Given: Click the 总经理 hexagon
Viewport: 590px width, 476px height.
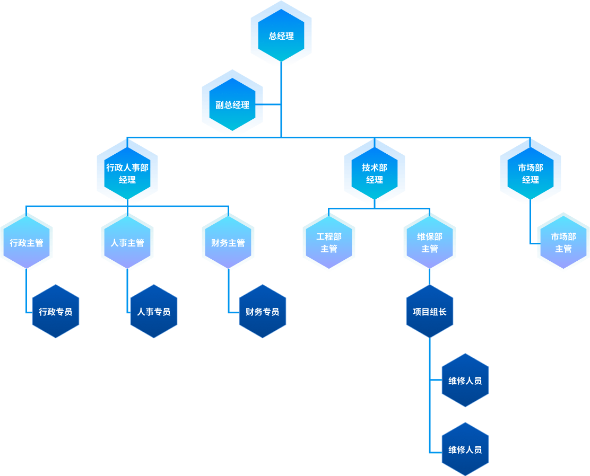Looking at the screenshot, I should [281, 34].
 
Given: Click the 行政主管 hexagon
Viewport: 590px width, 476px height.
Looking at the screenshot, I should [27, 242].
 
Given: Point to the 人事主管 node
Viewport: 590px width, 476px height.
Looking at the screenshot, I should [127, 242].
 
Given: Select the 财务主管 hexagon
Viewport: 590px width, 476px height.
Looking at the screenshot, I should [228, 242].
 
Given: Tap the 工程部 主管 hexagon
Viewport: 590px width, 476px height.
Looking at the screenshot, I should [329, 242].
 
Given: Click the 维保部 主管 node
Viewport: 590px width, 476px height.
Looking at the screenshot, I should [430, 242].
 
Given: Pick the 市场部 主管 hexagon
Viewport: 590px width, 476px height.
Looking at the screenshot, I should [563, 242].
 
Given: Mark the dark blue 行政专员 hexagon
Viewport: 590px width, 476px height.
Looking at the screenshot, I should [56, 311].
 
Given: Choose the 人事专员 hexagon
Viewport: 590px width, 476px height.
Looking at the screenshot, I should [154, 311].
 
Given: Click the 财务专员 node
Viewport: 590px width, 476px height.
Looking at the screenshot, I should [263, 311].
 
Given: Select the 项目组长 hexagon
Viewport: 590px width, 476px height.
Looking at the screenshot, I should [430, 311].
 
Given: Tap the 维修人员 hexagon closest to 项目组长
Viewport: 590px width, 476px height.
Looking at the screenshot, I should [465, 380].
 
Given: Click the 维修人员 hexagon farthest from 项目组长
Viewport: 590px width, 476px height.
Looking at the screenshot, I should [465, 449].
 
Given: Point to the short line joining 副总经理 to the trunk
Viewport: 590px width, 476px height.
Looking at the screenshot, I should [272, 105].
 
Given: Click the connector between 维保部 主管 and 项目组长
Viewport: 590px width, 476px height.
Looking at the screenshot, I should [430, 277].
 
